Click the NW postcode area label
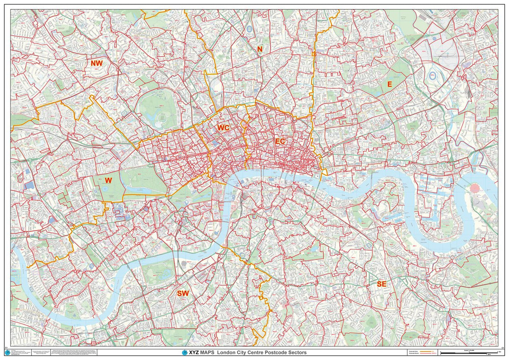pos(97,63)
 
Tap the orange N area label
pos(260,49)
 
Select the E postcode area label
pos(389,84)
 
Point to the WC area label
pos(223,127)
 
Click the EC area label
pos(280,141)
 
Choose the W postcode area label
pos(109,180)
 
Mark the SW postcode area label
pos(183,293)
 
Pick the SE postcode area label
pos(382,284)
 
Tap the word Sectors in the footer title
pos(295,353)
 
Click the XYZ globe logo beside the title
pos(185,353)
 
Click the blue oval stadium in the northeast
pos(433,76)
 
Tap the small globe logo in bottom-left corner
pos(7,352)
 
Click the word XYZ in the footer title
pos(194,353)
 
